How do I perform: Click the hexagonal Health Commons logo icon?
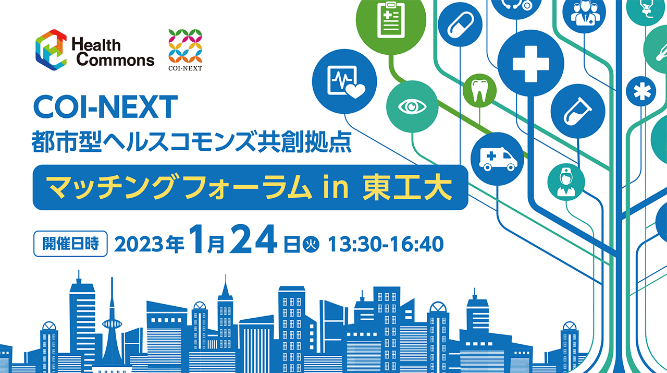(51, 50)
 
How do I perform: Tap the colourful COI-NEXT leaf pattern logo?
(185, 46)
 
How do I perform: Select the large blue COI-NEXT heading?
(105, 107)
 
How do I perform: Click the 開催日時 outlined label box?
(70, 244)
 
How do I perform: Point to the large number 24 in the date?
(253, 239)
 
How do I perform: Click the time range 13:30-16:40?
(386, 244)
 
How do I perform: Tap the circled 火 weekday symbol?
(311, 245)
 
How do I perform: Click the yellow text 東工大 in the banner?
(407, 188)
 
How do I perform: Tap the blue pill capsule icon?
(460, 25)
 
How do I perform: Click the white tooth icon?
(479, 91)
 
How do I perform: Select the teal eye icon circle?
(412, 106)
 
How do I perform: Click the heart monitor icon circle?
(344, 81)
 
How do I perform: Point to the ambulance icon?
(498, 159)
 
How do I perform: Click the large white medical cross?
(530, 64)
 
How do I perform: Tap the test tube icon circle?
(578, 111)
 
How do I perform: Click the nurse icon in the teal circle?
(566, 182)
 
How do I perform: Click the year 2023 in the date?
(139, 245)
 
